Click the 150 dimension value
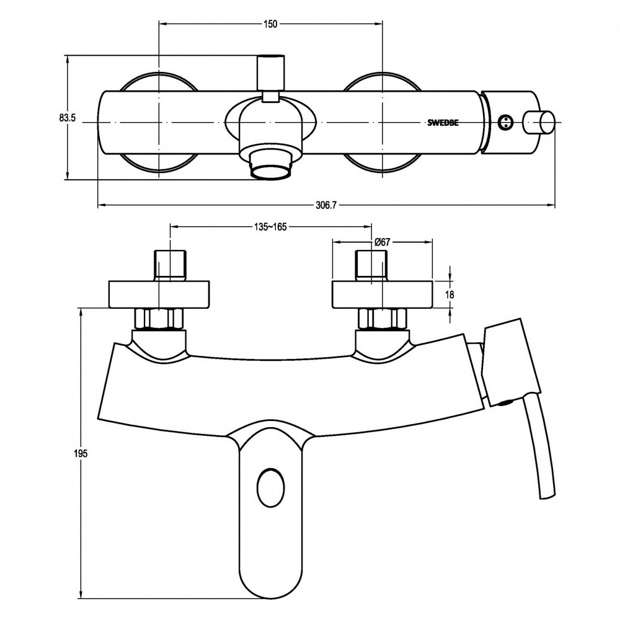[x=270, y=24]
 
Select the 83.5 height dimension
[x=68, y=118]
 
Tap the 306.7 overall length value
[x=326, y=205]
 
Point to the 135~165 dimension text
[x=270, y=226]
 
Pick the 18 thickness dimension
[x=449, y=294]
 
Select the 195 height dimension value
[x=80, y=454]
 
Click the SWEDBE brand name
[x=443, y=123]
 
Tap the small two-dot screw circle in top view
[x=505, y=122]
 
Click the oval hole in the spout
[x=270, y=488]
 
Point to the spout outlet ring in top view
[x=272, y=172]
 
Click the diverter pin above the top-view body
[x=271, y=73]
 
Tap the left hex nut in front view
[x=159, y=319]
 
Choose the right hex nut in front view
[x=383, y=319]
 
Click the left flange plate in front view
[x=159, y=294]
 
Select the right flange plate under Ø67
[x=383, y=294]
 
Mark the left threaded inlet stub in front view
[x=171, y=266]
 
